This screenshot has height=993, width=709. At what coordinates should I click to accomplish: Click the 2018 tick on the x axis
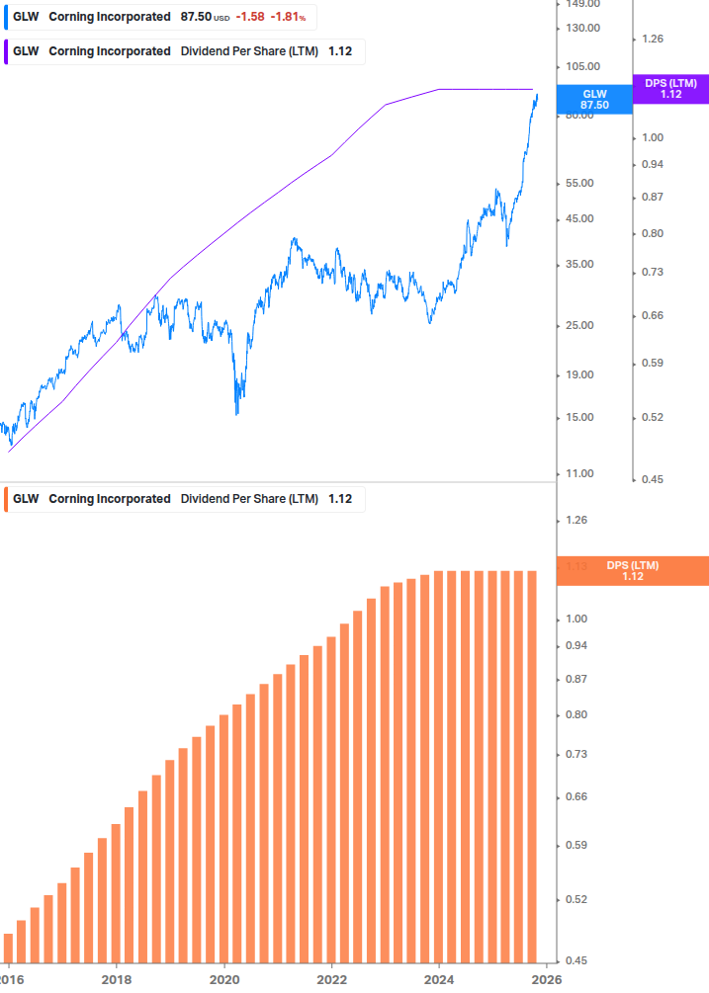point(117,978)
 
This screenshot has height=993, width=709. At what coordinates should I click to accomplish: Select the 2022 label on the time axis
point(331,978)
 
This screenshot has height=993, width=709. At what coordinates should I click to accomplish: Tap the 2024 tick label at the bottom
point(439,978)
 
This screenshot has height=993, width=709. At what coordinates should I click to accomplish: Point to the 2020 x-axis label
point(224,978)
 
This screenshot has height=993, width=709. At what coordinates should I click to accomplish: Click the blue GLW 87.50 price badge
point(594,99)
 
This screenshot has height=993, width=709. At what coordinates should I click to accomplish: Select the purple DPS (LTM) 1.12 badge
point(670,89)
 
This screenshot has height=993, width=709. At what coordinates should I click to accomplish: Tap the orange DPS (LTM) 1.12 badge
point(633,570)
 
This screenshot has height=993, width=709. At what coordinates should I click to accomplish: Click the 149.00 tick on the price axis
point(583,4)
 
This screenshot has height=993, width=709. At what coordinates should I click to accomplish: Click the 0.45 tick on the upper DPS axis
point(654,480)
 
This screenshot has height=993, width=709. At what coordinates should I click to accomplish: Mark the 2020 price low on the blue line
point(237,413)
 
